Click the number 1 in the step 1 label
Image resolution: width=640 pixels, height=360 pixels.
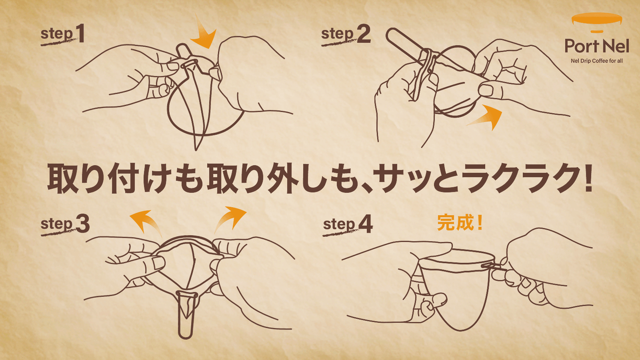pos(80,33)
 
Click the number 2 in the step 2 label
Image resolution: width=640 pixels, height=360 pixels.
pos(364,34)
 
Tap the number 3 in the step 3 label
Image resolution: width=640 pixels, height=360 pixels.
pos(83,224)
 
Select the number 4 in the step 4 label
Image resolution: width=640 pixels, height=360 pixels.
pos(366,224)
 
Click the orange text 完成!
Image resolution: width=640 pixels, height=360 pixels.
pos(460,222)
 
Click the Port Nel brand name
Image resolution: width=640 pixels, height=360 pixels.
pos(597,46)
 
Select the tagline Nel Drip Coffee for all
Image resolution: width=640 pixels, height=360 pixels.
pos(597,61)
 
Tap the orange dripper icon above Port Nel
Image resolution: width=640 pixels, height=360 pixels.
pos(597,20)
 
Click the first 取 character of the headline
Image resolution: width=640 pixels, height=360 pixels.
pos(62,179)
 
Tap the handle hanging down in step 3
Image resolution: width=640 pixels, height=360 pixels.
pos(186,314)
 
